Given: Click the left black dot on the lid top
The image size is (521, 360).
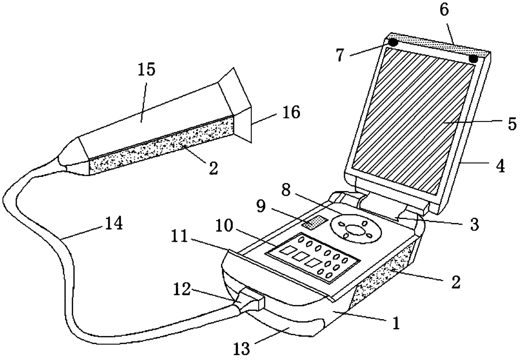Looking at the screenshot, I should (393, 42).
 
